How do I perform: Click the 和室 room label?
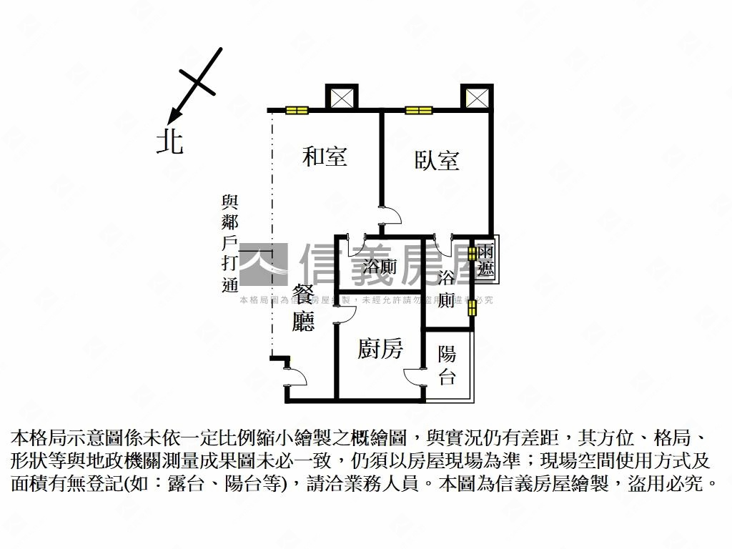325,157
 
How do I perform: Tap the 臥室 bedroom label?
437,160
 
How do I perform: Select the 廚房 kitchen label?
380,349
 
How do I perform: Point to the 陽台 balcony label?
447,365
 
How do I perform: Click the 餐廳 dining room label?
304,308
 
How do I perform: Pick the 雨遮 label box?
486,260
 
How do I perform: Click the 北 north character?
170,141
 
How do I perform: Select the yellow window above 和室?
297,110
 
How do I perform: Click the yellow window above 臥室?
419,110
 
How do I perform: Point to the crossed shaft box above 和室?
340,97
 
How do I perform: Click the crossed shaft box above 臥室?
476,97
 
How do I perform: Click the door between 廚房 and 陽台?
415,376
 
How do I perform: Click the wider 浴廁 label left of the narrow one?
380,267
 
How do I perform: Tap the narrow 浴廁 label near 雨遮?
447,288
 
